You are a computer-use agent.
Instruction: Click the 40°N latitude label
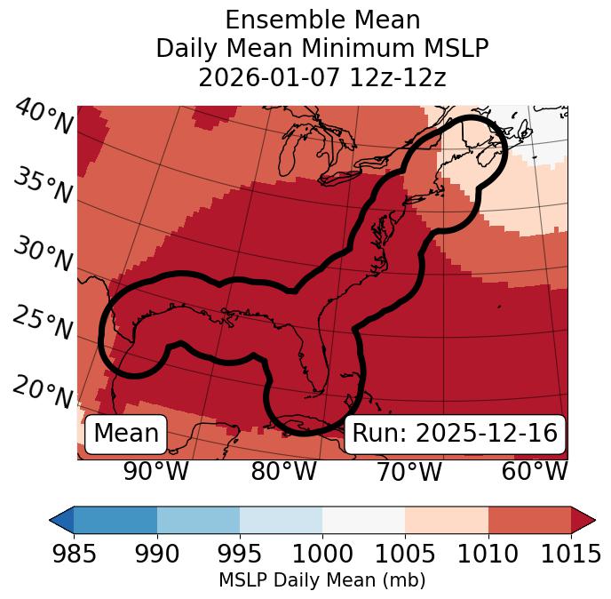point(44,118)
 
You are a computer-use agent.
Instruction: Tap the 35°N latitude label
point(44,187)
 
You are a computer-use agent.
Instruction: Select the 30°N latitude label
point(44,256)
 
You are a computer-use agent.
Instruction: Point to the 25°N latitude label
point(44,324)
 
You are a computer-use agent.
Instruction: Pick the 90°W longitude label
point(156,471)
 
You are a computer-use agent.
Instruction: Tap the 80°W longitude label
point(283,471)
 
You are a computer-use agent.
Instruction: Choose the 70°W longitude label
point(409,471)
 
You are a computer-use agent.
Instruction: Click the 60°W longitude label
point(534,471)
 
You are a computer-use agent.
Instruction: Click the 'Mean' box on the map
point(126,434)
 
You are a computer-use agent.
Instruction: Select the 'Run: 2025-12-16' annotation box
point(455,434)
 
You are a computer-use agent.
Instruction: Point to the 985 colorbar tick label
point(74,555)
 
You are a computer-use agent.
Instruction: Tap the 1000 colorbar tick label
point(322,555)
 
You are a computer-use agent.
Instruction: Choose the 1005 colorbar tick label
point(405,555)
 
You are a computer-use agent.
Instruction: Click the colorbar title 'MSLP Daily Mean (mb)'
point(321,580)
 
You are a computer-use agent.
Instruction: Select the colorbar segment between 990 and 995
point(198,519)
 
